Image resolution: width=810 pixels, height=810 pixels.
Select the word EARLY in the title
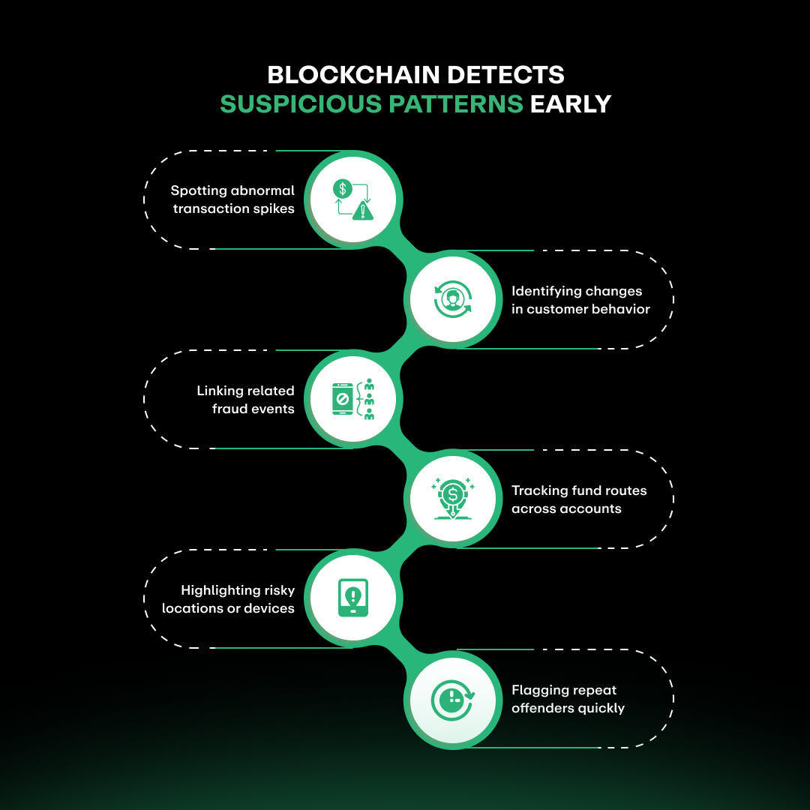coord(571,104)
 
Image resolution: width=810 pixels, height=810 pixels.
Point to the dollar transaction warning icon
coord(352,199)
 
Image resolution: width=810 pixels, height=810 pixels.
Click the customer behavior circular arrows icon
coord(453,299)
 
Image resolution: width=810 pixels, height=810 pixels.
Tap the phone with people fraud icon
coord(352,399)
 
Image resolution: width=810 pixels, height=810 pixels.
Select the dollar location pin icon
coord(453,499)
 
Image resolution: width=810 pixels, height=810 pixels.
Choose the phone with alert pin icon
coord(352,598)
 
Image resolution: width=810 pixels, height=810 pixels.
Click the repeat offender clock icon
coord(453,698)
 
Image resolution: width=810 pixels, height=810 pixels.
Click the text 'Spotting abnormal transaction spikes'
coord(233,199)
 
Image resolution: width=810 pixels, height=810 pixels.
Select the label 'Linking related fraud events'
coord(246,400)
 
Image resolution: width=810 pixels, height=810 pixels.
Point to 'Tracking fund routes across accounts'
coord(578,499)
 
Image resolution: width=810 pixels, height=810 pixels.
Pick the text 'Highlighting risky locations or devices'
coord(229,599)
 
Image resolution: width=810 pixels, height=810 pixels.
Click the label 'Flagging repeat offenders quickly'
coord(568,699)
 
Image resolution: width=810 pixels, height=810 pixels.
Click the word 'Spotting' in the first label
coord(198,190)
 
